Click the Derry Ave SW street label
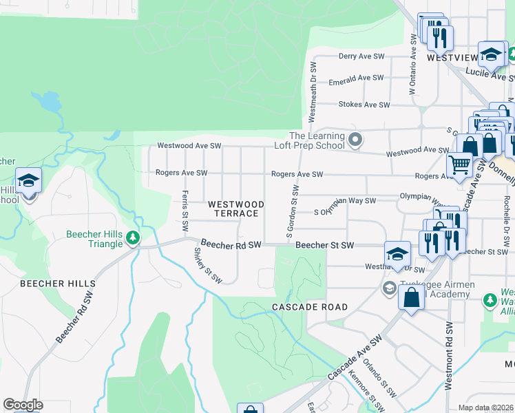364,57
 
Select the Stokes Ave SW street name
364,105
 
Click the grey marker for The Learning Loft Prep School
355,140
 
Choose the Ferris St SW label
185,211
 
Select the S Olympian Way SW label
345,201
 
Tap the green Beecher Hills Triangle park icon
133,239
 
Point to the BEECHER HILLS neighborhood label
58,284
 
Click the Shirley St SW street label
207,266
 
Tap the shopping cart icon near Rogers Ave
459,164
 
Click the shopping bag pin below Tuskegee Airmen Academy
411,298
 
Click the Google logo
23,405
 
